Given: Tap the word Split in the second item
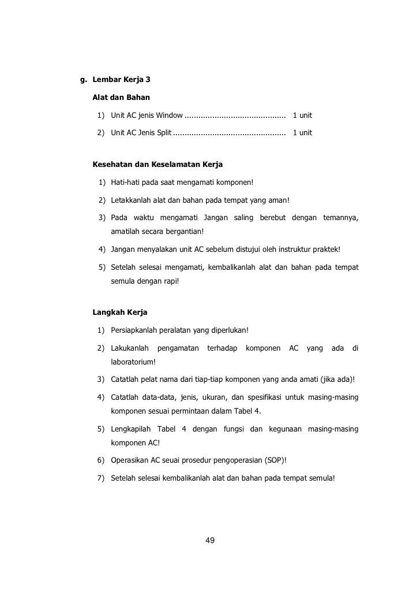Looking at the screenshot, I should [x=164, y=133].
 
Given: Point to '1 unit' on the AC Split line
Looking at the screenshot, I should [x=302, y=133].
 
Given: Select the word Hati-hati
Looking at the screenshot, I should [x=126, y=183].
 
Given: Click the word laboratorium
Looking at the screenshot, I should [x=132, y=362].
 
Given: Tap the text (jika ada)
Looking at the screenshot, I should [x=336, y=380].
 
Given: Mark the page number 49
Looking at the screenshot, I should [x=210, y=541].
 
